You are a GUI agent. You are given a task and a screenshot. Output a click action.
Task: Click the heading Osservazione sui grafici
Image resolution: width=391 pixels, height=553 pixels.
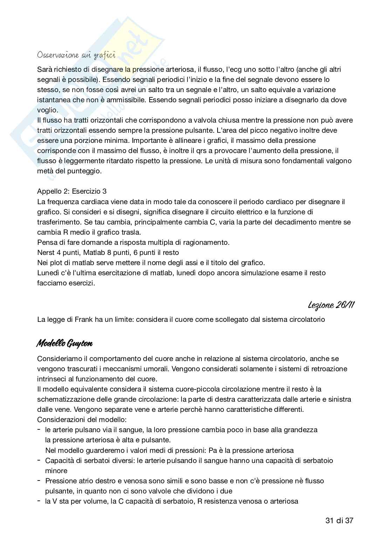[76, 55]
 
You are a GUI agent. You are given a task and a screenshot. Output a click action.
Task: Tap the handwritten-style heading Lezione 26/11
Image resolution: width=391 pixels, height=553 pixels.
[331, 305]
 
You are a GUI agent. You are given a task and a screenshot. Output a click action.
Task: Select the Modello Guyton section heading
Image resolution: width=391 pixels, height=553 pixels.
[64, 344]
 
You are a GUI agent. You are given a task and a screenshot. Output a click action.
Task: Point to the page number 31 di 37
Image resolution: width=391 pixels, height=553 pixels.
[339, 520]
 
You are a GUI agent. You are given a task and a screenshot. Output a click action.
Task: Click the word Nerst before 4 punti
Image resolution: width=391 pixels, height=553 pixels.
[46, 252]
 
